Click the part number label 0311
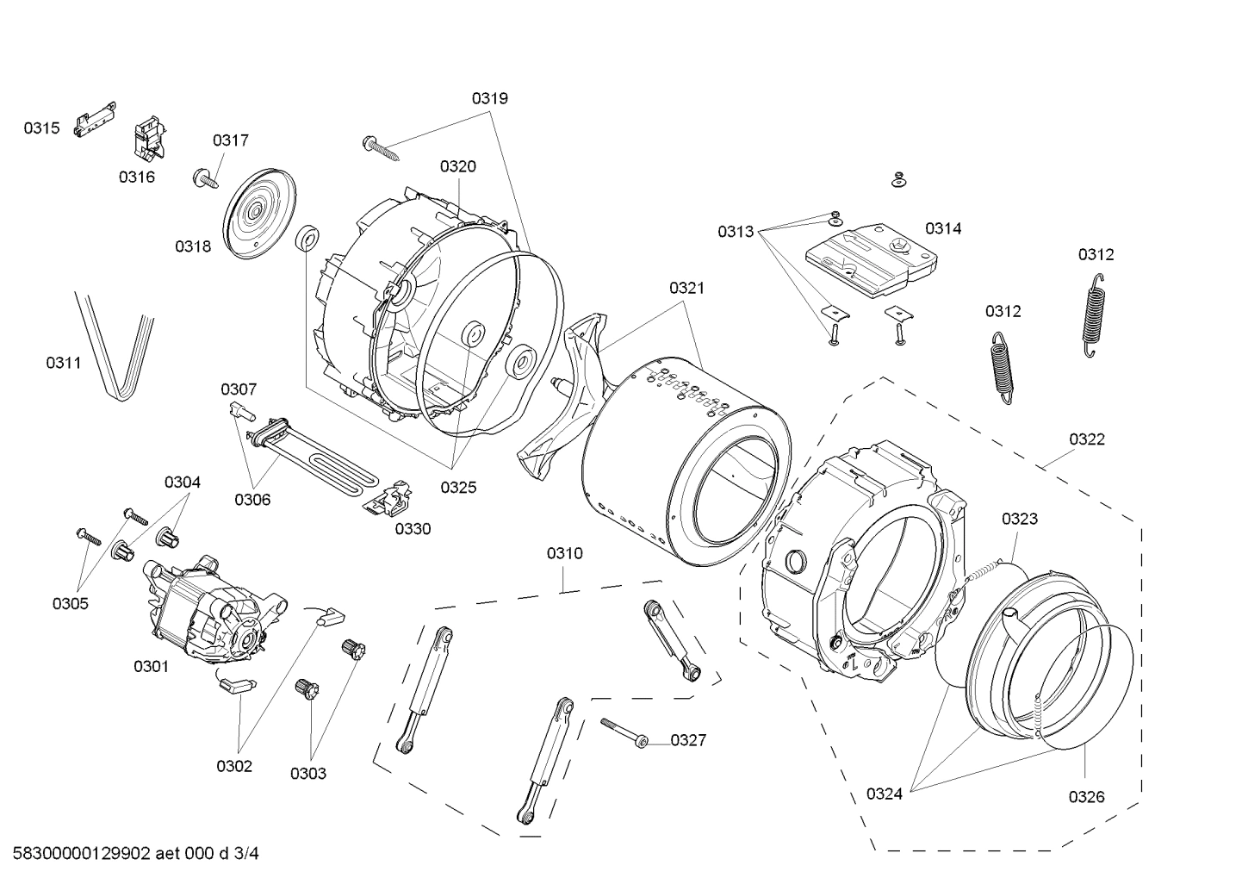[64, 363]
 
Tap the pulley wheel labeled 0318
[257, 212]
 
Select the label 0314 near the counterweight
[943, 228]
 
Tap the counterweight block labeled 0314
[870, 253]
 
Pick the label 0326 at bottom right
[1086, 797]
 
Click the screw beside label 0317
[204, 178]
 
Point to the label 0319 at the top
[489, 98]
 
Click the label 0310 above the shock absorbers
[564, 553]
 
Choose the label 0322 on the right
[1086, 439]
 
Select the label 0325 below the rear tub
[458, 488]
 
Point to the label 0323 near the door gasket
[1019, 519]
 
